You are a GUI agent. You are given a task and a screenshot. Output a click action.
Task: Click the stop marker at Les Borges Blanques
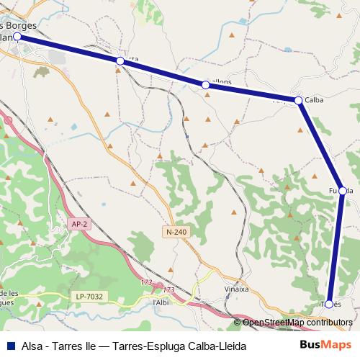click(17, 35)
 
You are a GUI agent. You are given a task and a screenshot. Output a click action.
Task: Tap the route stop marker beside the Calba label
click(298, 100)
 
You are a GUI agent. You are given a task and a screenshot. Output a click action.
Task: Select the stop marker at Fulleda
click(343, 191)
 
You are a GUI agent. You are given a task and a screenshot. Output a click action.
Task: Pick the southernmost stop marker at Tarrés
click(329, 304)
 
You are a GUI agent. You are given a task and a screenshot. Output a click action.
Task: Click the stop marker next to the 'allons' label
click(206, 85)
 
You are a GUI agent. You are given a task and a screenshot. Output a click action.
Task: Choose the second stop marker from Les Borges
click(120, 62)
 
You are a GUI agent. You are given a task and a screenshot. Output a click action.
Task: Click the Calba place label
click(314, 100)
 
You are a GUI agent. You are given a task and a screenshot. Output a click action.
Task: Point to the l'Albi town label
click(161, 302)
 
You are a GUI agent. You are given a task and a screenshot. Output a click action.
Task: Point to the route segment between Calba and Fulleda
click(320, 145)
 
